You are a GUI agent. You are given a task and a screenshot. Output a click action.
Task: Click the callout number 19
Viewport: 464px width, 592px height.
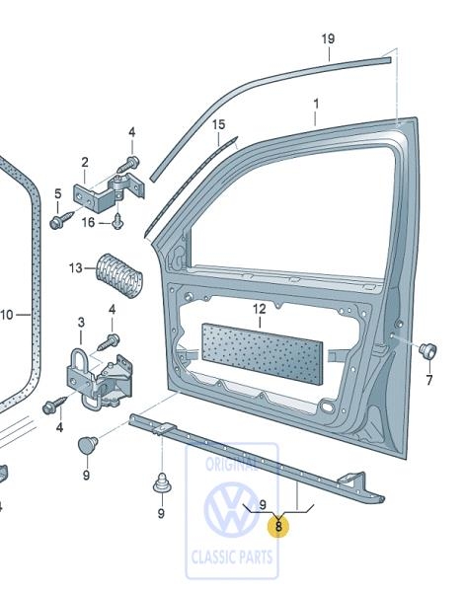328,39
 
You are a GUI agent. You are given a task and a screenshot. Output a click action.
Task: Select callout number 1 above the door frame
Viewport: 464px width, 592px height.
316,104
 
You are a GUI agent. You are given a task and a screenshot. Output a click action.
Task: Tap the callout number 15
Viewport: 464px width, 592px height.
219,125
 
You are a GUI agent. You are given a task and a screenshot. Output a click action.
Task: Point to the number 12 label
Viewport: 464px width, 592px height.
260,310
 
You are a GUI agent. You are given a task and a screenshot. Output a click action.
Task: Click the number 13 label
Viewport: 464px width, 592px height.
76,267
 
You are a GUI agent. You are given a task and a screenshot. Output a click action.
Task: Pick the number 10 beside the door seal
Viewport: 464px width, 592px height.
6,316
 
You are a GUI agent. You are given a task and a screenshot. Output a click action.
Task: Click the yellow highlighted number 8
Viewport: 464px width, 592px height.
279,527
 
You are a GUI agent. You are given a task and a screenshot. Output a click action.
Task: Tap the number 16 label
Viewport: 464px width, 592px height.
88,223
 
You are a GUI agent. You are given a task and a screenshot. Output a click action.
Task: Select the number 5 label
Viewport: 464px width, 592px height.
57,193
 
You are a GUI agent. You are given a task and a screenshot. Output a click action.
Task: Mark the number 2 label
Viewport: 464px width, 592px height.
85,162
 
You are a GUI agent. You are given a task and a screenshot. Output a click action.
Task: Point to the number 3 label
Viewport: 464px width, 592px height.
81,323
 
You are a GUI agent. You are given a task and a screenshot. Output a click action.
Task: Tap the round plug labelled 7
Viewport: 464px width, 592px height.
428,350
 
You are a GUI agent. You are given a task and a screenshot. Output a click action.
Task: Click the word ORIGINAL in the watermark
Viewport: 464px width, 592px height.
232,462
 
